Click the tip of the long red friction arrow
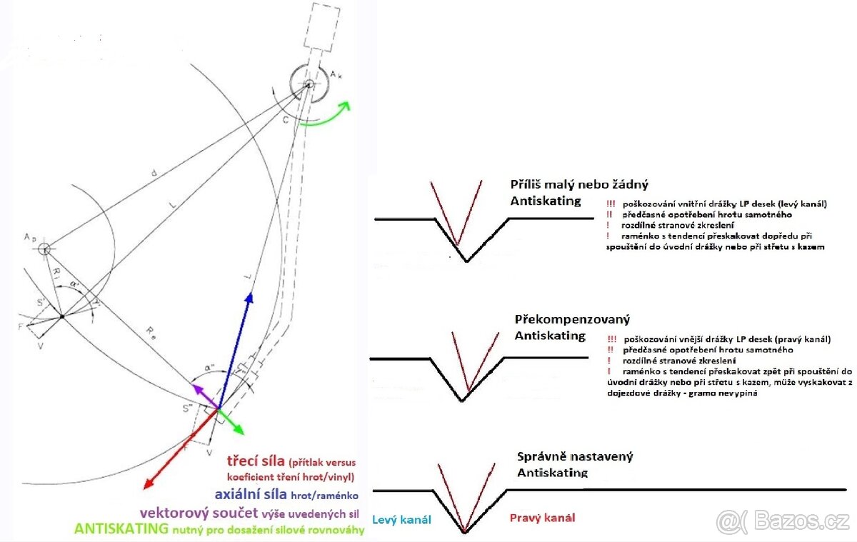click(x=144, y=490)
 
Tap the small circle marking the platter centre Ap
click(x=44, y=249)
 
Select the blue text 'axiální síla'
click(x=251, y=493)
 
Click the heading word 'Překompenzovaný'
click(x=572, y=319)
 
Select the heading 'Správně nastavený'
click(x=575, y=456)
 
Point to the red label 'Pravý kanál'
click(x=542, y=518)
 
